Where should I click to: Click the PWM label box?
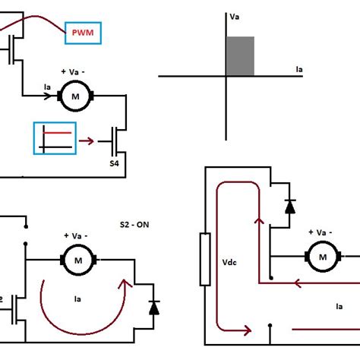coord(84,33)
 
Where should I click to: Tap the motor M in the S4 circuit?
coord(75,96)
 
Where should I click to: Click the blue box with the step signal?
coord(55,139)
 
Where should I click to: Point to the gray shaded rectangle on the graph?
coord(240,56)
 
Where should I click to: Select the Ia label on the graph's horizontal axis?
coord(299,69)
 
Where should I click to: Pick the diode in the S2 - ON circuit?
coord(155,308)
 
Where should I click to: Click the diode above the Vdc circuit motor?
coord(290,206)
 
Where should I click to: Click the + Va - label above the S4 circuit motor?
coord(74,73)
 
